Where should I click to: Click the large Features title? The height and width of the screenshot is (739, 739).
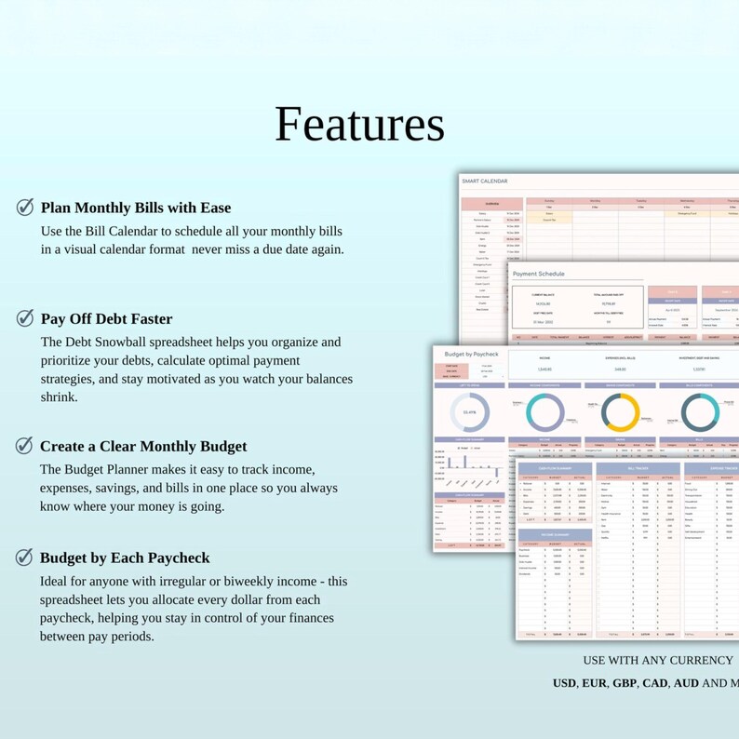pos(359,124)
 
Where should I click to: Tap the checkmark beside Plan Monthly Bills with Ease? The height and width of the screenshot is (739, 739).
pos(26,208)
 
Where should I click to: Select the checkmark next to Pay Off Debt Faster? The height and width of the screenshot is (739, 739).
pos(26,319)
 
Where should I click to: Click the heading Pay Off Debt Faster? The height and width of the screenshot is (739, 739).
pos(107,319)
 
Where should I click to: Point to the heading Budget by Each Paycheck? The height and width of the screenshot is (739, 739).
pos(125,558)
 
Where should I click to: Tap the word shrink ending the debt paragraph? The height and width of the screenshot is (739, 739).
pos(60,396)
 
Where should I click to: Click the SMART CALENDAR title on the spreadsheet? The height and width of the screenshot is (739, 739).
pos(486,181)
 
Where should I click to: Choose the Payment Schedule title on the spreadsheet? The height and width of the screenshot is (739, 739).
pos(539,274)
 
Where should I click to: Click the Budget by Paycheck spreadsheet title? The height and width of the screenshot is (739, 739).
pos(472,355)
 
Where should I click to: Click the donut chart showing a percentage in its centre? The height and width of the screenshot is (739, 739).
pos(469,411)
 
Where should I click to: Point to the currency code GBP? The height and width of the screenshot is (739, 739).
pos(625,683)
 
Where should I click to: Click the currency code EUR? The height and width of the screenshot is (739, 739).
pos(595,683)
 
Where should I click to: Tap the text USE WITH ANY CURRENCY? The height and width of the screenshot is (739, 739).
pos(658,660)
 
